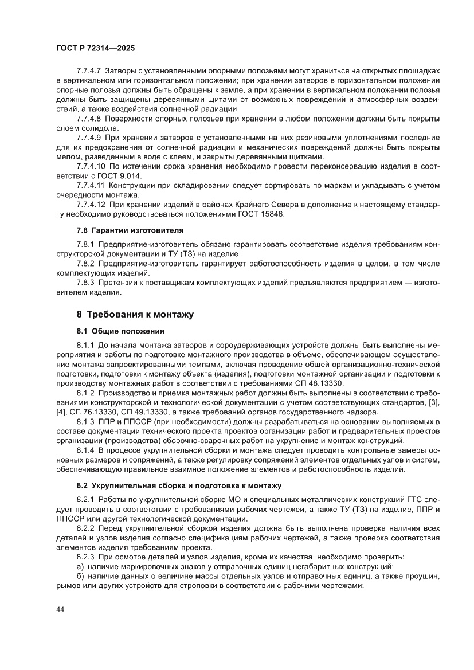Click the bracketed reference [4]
point(62,412)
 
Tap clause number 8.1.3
point(86,421)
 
